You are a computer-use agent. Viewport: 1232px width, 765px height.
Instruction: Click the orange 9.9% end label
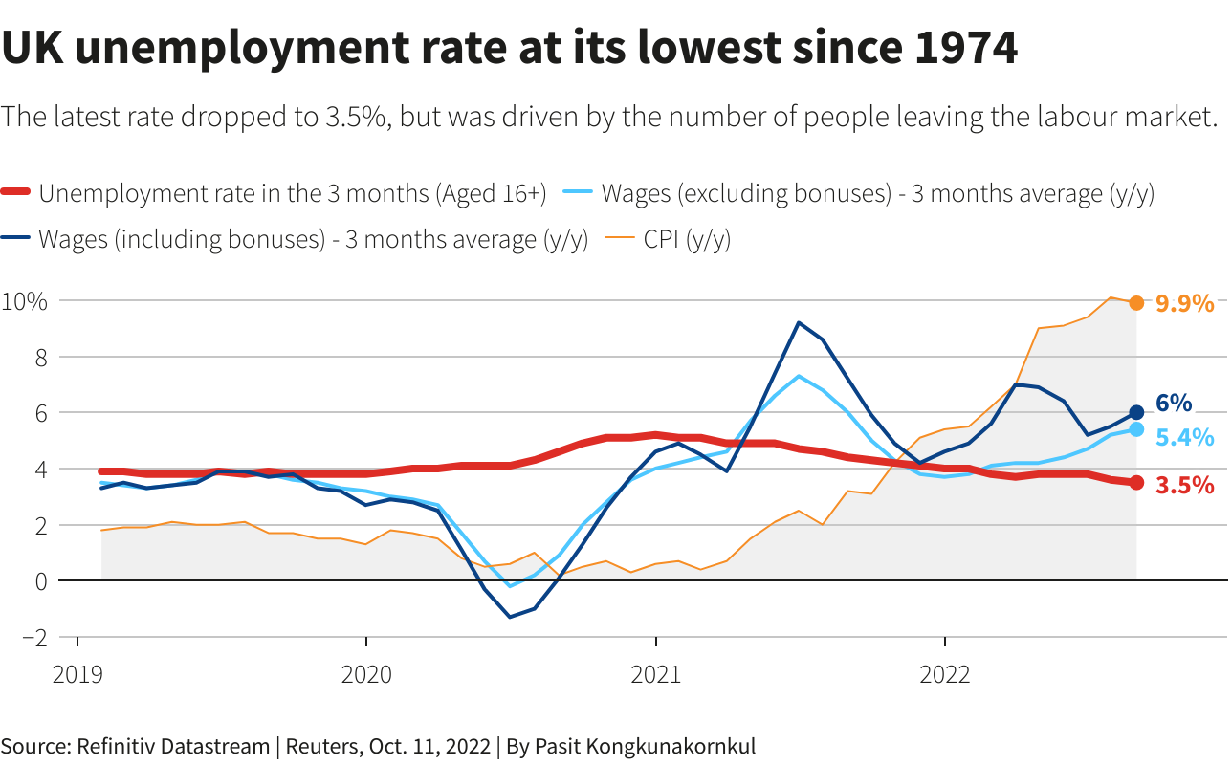coord(1184,304)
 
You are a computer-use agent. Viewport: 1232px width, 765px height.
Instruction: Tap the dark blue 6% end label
coord(1174,403)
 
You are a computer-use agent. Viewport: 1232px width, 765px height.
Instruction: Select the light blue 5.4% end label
coord(1184,437)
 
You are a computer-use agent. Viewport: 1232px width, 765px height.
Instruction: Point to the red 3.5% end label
coord(1184,485)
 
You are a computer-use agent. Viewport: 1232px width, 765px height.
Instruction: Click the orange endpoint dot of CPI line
coord(1136,303)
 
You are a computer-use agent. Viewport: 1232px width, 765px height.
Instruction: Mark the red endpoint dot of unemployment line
coord(1136,483)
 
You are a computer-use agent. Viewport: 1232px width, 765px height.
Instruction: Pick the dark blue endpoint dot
coord(1136,412)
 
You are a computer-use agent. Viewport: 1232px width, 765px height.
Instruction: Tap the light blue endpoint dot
coord(1136,429)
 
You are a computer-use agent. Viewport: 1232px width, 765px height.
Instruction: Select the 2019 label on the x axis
coord(77,675)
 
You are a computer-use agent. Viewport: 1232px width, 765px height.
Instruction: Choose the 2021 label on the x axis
coord(656,675)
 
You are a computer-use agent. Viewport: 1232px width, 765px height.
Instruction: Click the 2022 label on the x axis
coord(945,675)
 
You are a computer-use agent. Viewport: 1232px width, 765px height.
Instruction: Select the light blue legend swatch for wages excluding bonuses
coord(578,194)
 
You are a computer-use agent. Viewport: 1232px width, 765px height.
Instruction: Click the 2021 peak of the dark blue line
coord(799,322)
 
